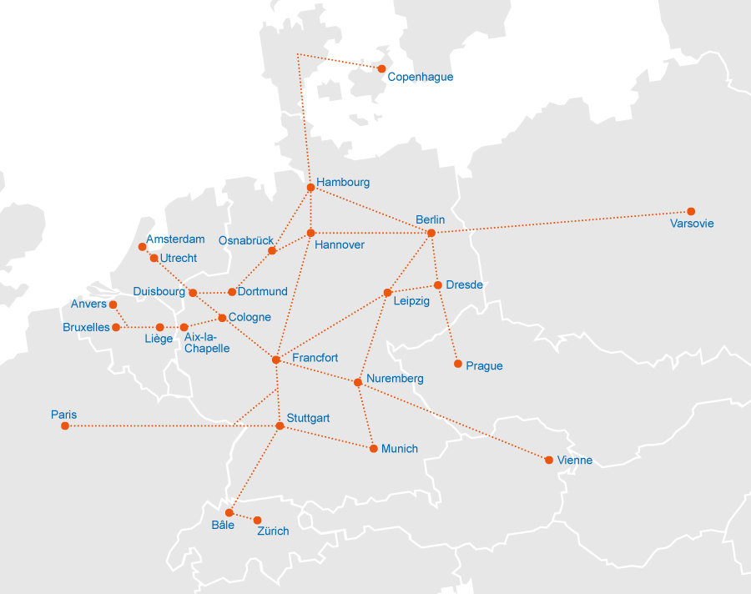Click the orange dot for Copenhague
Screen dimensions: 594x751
pos(381,68)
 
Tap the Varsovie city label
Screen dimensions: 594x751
pos(692,224)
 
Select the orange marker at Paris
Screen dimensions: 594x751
pos(65,426)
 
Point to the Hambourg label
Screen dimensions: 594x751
pos(342,182)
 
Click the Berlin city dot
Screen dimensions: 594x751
pos(431,233)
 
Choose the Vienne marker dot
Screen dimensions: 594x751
pos(549,460)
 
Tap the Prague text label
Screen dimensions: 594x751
pos(484,365)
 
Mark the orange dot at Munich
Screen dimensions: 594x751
pos(374,449)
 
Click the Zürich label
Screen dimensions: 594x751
pos(273,531)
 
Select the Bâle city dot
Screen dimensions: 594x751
pos(229,512)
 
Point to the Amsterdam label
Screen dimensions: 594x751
pos(175,239)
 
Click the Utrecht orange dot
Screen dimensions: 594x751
pos(154,259)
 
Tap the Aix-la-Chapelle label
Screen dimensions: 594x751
pos(206,342)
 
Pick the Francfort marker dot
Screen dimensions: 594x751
pos(276,360)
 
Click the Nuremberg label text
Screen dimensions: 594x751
pos(395,378)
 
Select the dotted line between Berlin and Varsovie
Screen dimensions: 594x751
pos(559,222)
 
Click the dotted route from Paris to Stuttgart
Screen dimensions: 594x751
pos(167,426)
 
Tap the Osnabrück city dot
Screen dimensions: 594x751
pos(272,250)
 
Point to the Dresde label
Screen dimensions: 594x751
pos(464,284)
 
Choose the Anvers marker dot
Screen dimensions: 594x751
pos(113,305)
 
